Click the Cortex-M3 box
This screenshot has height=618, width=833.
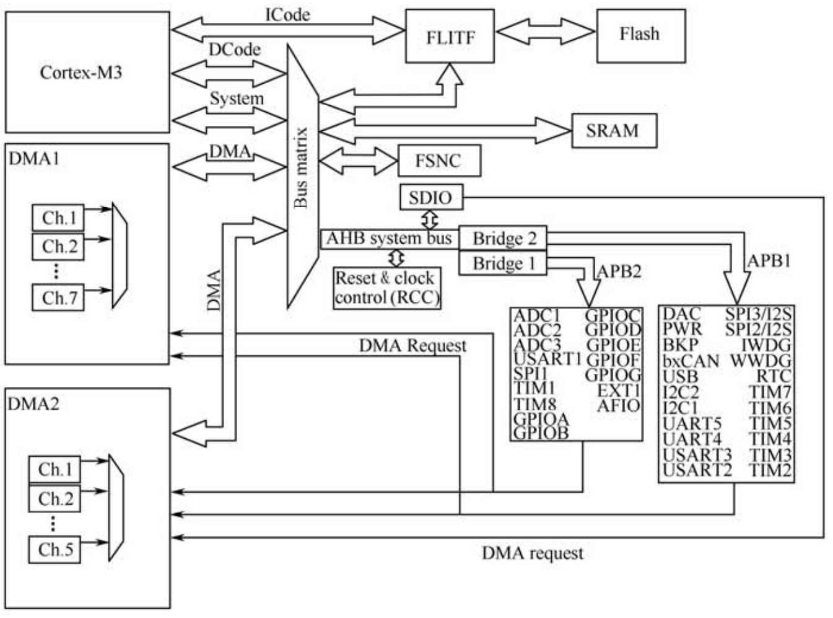(x=87, y=73)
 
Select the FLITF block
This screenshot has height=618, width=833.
(x=450, y=37)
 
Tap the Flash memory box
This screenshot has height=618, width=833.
(x=640, y=35)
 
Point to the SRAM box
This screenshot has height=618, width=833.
(x=613, y=130)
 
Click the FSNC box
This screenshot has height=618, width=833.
(x=438, y=161)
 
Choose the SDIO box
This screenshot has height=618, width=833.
(x=430, y=198)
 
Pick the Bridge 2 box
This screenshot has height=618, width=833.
(x=503, y=239)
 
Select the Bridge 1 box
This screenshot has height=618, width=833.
(x=503, y=263)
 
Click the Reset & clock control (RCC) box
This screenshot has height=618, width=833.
(x=387, y=288)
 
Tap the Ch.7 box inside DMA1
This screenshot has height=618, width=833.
(x=58, y=298)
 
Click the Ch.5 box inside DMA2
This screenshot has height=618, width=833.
(x=55, y=549)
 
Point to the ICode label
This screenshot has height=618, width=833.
(x=287, y=15)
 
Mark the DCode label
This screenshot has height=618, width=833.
(x=234, y=50)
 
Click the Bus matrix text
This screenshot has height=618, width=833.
(x=302, y=167)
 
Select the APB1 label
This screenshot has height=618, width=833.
(x=769, y=261)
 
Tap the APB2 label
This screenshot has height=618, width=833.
(x=619, y=271)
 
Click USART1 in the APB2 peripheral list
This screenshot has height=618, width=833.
(x=547, y=359)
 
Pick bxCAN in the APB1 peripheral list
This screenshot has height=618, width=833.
(x=691, y=361)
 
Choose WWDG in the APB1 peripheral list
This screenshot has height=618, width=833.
(x=761, y=361)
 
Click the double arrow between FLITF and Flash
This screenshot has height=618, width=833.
(x=545, y=31)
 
